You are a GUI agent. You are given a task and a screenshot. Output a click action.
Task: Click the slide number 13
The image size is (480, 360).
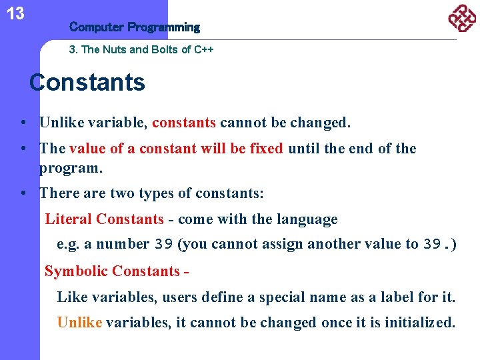pyautogui.click(x=15, y=13)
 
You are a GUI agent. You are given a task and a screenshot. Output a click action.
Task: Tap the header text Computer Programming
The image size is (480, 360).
pyautogui.click(x=134, y=27)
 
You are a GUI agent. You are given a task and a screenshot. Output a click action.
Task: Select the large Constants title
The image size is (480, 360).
pyautogui.click(x=87, y=83)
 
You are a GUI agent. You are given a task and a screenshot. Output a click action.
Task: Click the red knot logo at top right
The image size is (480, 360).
pyautogui.click(x=461, y=18)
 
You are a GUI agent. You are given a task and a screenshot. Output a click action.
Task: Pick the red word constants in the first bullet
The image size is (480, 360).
pyautogui.click(x=184, y=123)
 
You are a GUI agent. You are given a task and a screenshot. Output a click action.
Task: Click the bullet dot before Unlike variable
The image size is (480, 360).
pyautogui.click(x=23, y=123)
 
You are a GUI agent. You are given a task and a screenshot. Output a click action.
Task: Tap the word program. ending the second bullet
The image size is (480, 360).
pyautogui.click(x=71, y=168)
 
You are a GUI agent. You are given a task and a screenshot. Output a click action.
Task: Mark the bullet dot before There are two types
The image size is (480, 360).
pyautogui.click(x=23, y=194)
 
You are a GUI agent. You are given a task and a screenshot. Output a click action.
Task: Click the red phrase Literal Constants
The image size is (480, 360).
pyautogui.click(x=104, y=219)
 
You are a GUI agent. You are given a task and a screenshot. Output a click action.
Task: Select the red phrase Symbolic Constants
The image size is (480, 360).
pyautogui.click(x=111, y=271)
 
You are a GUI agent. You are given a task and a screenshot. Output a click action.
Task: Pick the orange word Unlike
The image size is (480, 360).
pyautogui.click(x=79, y=323)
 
